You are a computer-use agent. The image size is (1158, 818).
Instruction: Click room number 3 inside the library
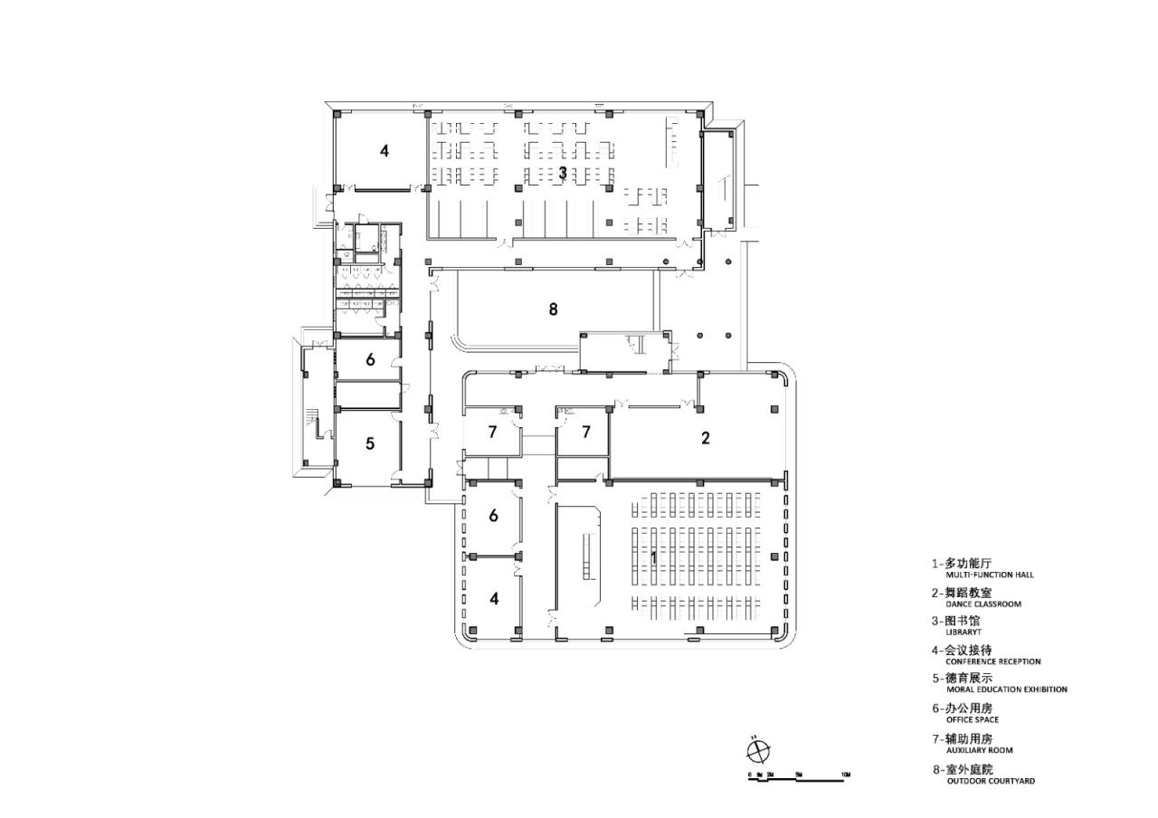pyautogui.click(x=562, y=171)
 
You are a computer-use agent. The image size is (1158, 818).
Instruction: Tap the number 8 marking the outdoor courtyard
pyautogui.click(x=553, y=309)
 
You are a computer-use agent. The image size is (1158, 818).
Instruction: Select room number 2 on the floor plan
pyautogui.click(x=706, y=438)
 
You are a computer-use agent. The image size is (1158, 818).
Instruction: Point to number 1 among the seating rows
pyautogui.click(x=653, y=556)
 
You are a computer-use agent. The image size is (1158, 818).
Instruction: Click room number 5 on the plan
pyautogui.click(x=370, y=443)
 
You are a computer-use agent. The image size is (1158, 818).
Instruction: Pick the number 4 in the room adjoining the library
pyautogui.click(x=384, y=151)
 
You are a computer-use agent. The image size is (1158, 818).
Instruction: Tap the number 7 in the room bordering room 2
pyautogui.click(x=585, y=432)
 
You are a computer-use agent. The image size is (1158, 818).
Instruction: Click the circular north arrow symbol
pyautogui.click(x=758, y=750)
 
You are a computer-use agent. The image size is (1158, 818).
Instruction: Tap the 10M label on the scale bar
pyautogui.click(x=844, y=775)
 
